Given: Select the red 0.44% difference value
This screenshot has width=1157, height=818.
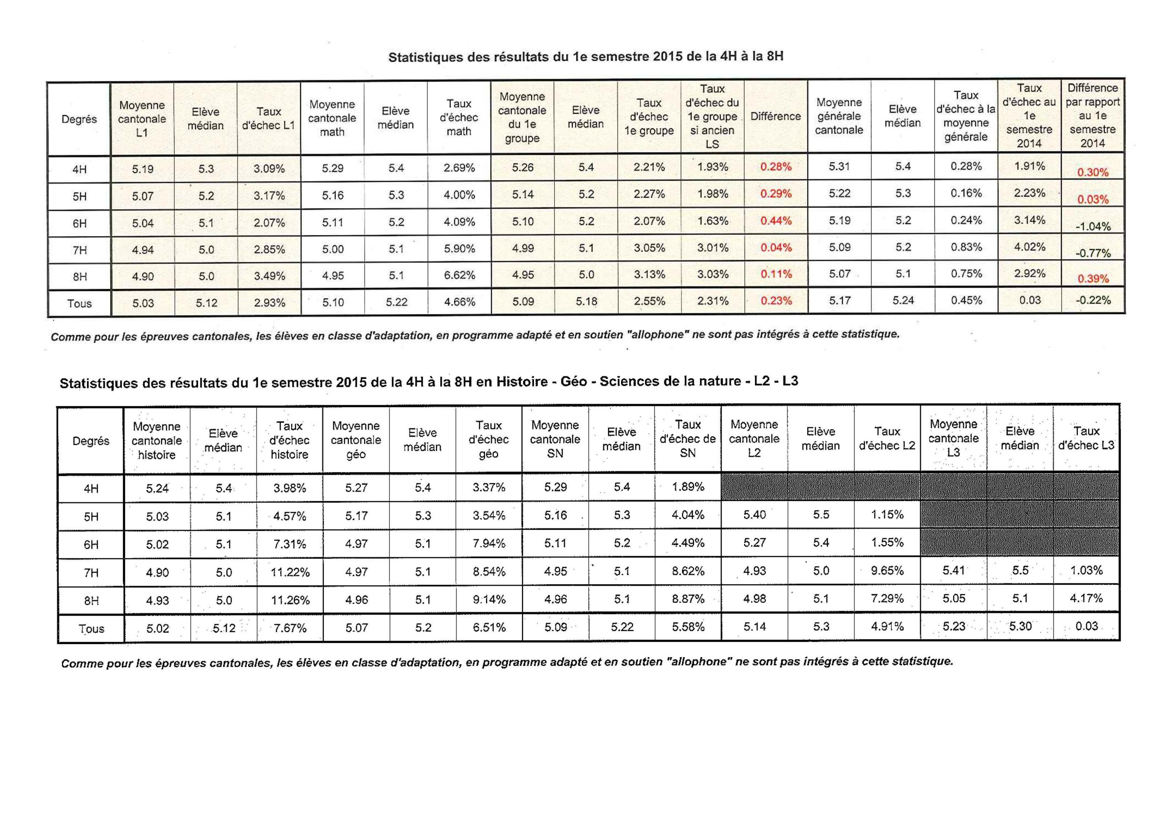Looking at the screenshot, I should (x=775, y=221).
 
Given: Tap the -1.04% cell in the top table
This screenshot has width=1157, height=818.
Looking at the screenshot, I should (x=1092, y=226).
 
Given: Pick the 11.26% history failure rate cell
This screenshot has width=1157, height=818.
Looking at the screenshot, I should (x=290, y=600).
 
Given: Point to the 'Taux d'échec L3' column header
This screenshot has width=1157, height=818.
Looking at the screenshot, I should (x=1086, y=438).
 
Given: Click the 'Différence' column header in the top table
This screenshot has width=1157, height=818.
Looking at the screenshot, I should (x=775, y=116).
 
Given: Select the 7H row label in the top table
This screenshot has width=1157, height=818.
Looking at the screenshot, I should (x=79, y=250).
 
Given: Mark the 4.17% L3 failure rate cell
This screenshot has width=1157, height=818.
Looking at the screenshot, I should (x=1086, y=598).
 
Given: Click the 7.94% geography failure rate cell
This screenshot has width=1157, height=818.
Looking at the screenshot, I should (x=488, y=543).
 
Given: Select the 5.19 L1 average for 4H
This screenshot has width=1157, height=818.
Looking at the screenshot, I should (x=142, y=169).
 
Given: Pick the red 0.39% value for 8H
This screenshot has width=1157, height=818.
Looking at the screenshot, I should (x=1092, y=279).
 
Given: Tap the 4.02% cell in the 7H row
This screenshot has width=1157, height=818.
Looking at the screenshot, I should (x=1029, y=247).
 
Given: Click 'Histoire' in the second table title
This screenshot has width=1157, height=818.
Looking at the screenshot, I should (x=521, y=382).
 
